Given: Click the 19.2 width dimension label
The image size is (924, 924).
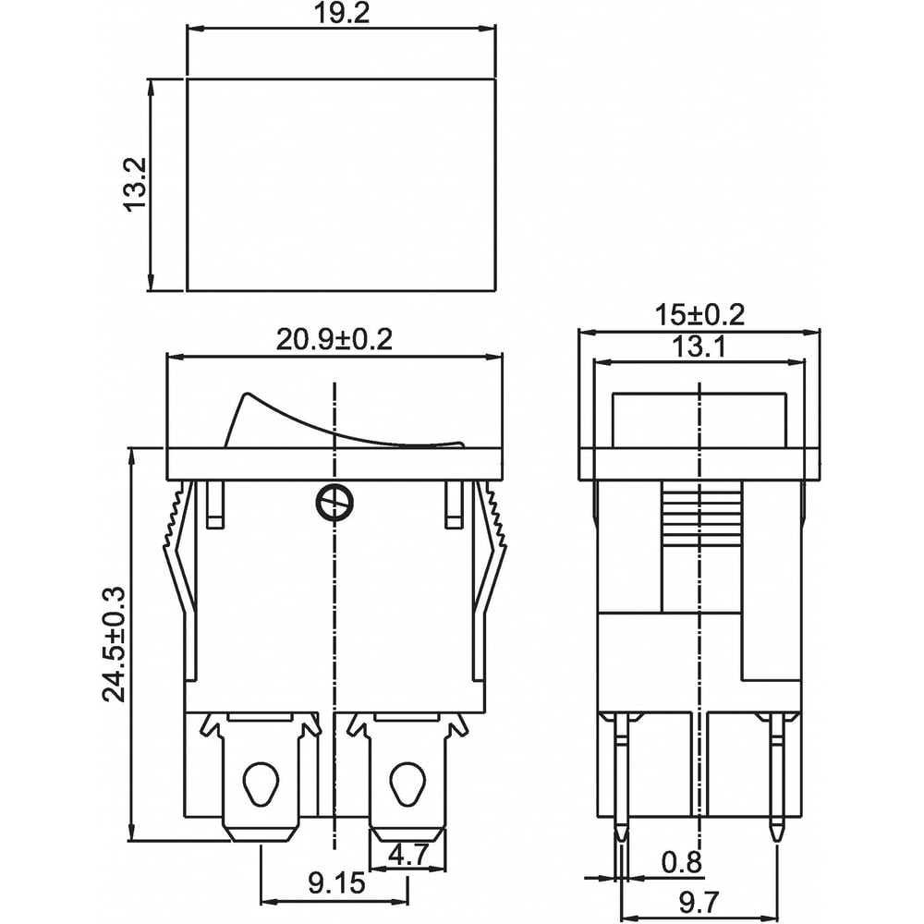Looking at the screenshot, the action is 341,13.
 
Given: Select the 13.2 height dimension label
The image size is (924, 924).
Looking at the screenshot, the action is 135,184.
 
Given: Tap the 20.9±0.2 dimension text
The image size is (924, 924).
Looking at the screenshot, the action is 334,340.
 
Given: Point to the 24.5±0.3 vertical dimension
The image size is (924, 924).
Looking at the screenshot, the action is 115,644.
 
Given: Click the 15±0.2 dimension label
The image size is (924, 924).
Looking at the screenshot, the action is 699,315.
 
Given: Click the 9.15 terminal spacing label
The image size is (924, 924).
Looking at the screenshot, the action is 336,883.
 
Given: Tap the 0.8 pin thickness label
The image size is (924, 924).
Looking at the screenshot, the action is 682,863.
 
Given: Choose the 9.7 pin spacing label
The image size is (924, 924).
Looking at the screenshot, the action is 699,902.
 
